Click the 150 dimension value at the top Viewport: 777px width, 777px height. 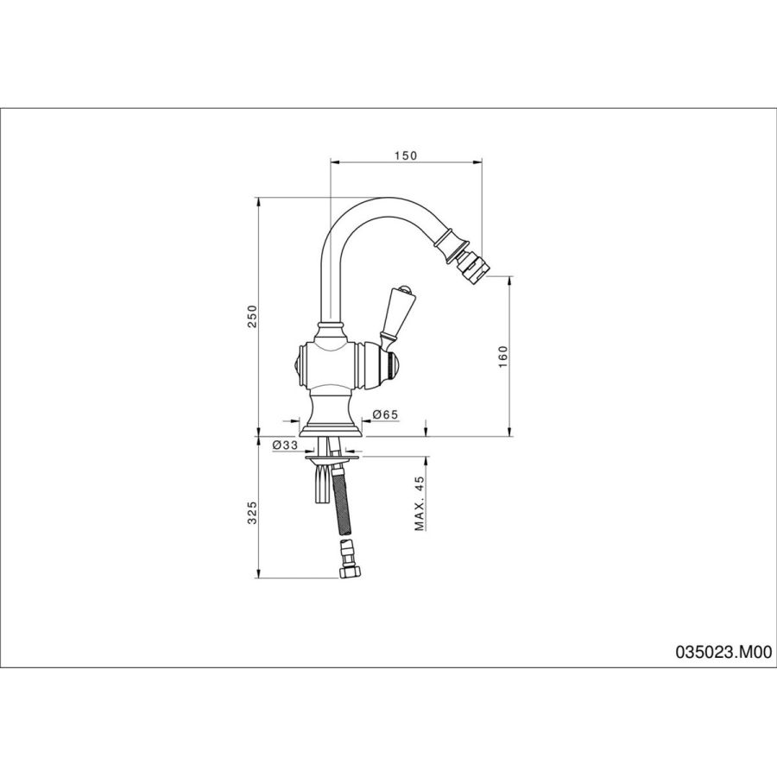point(406,155)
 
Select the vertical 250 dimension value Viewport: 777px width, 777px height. point(253,316)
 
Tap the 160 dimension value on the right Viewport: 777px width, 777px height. point(503,357)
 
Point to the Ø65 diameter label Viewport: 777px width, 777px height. point(384,414)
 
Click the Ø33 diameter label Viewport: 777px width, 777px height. point(285,445)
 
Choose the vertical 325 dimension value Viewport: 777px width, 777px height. point(253,513)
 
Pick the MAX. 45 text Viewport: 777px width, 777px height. point(420,503)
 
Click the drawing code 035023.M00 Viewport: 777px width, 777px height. point(723,652)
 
